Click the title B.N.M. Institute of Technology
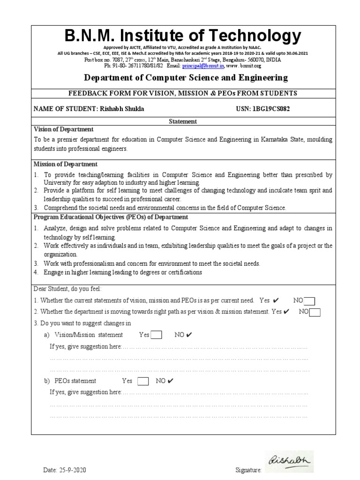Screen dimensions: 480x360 point(183,36)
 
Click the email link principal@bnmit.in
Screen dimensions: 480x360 point(204,67)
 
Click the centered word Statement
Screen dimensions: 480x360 point(183,121)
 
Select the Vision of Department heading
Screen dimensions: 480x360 point(64,129)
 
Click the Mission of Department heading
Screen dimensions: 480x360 point(66,164)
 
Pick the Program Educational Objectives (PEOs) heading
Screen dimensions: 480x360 point(111,217)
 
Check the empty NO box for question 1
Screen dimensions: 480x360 point(309,301)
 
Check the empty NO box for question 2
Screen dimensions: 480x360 point(315,313)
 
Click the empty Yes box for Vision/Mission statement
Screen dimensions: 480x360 point(156,335)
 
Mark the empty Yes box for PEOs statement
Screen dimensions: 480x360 point(143,381)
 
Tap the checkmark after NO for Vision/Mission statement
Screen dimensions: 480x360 point(189,335)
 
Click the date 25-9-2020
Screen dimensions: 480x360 point(71,470)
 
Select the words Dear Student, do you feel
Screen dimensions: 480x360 point(67,288)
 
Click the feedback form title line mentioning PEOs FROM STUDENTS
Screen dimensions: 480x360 point(183,94)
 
